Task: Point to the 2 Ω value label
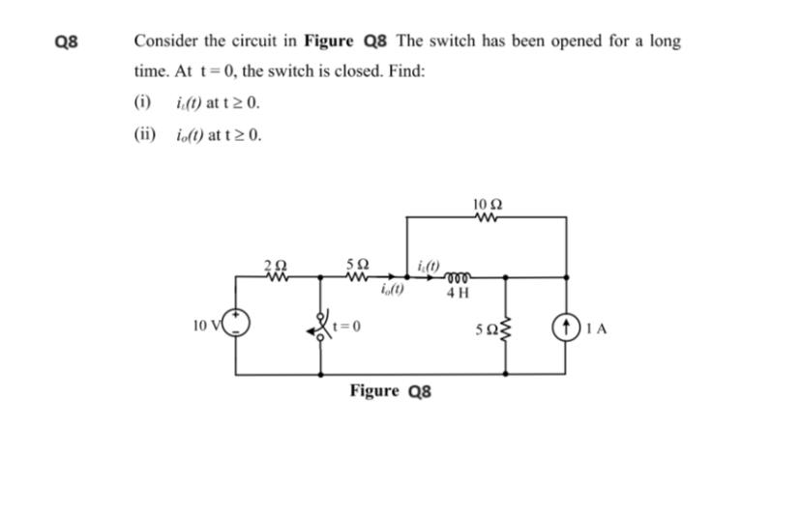pos(275,263)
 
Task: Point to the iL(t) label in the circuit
pos(427,264)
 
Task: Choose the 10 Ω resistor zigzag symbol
pos(487,217)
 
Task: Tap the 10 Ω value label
pos(488,204)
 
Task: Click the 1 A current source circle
pos(566,327)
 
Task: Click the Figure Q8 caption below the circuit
pos(391,391)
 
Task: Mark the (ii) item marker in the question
pos(144,134)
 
